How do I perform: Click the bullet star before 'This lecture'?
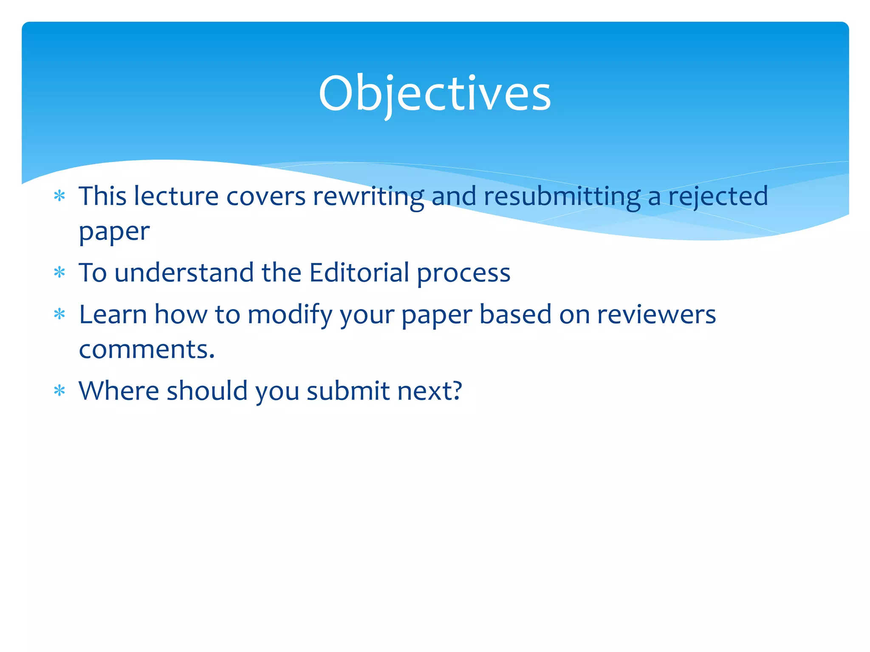tap(59, 196)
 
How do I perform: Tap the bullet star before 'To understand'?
tap(59, 272)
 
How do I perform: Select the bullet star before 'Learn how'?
tap(59, 315)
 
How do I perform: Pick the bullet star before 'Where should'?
tap(59, 391)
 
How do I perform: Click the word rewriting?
tap(368, 197)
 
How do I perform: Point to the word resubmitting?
tap(562, 197)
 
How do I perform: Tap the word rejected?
tap(718, 196)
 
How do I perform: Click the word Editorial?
tap(359, 272)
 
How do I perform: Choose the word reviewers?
tap(656, 315)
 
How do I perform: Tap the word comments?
tap(147, 349)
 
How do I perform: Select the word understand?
tap(184, 272)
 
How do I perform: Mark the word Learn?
tap(113, 315)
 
